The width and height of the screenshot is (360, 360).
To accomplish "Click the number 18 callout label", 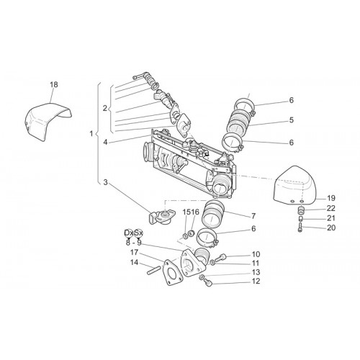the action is click(x=54, y=84).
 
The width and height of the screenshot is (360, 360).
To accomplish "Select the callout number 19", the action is click(x=331, y=198).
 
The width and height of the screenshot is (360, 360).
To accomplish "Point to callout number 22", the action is click(x=331, y=208).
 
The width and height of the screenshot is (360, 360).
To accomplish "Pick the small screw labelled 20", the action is click(x=300, y=227).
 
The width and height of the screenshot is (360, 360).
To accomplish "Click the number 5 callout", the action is click(x=291, y=120).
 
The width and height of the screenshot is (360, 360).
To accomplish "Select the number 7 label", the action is click(x=253, y=216).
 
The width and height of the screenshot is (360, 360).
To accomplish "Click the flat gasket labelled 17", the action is click(x=171, y=274).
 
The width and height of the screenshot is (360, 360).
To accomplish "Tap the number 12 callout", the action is click(x=256, y=281).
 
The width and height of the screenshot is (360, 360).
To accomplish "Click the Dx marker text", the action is click(x=129, y=233).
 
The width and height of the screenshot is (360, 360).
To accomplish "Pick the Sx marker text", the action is click(x=138, y=233).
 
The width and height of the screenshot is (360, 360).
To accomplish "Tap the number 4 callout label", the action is click(x=105, y=143).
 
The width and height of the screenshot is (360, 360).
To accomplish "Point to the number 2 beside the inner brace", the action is click(x=104, y=108).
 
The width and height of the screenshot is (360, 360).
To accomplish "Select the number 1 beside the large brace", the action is click(x=91, y=133).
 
